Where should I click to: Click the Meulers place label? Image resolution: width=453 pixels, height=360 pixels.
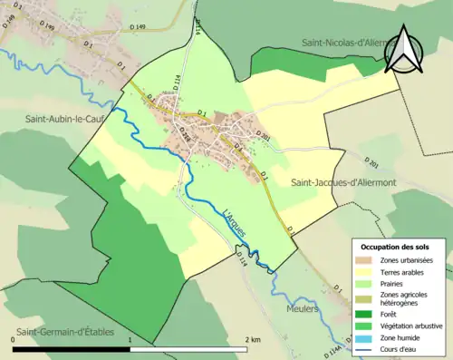[304, 308]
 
